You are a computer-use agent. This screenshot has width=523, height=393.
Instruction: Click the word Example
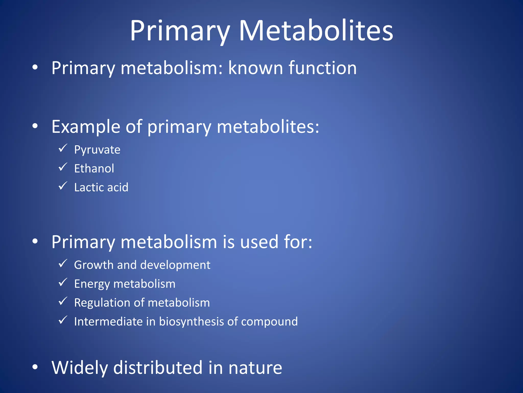click(x=86, y=127)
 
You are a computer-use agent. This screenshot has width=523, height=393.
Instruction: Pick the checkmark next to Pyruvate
click(x=63, y=148)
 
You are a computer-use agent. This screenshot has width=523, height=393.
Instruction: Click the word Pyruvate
click(x=97, y=150)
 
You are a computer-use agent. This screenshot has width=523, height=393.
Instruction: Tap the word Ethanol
click(x=94, y=169)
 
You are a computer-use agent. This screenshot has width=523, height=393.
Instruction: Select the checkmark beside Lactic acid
click(x=63, y=186)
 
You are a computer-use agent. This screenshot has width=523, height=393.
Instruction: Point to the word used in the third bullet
click(x=259, y=242)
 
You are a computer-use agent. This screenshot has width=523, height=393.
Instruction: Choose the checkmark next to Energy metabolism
click(x=63, y=282)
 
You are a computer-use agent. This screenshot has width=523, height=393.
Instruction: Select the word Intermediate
click(x=108, y=322)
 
